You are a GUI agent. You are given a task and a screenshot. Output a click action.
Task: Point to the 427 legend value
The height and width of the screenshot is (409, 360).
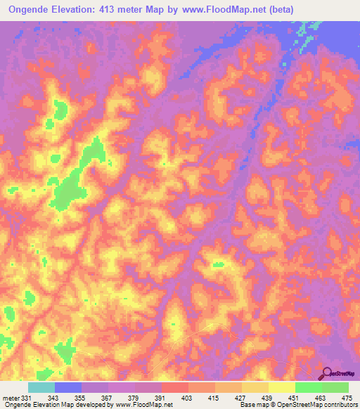click(x=241, y=398)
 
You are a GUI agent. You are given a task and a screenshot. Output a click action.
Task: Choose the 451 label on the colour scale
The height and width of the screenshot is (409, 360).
click(x=294, y=398)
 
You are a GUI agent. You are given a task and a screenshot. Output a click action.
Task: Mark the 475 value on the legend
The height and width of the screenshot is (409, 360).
click(x=347, y=398)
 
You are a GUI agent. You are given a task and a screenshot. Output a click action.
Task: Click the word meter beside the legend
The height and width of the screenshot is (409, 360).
click(x=11, y=398)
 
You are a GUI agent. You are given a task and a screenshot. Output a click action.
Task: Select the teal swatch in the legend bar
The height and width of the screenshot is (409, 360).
click(x=41, y=387)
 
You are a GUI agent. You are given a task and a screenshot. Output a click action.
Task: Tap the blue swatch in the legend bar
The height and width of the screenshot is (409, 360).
click(x=68, y=387)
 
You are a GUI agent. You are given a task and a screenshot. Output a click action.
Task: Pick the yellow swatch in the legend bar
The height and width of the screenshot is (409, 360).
click(x=282, y=387)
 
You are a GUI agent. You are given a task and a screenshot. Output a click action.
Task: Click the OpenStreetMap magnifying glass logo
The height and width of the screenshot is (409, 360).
click(x=327, y=373)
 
